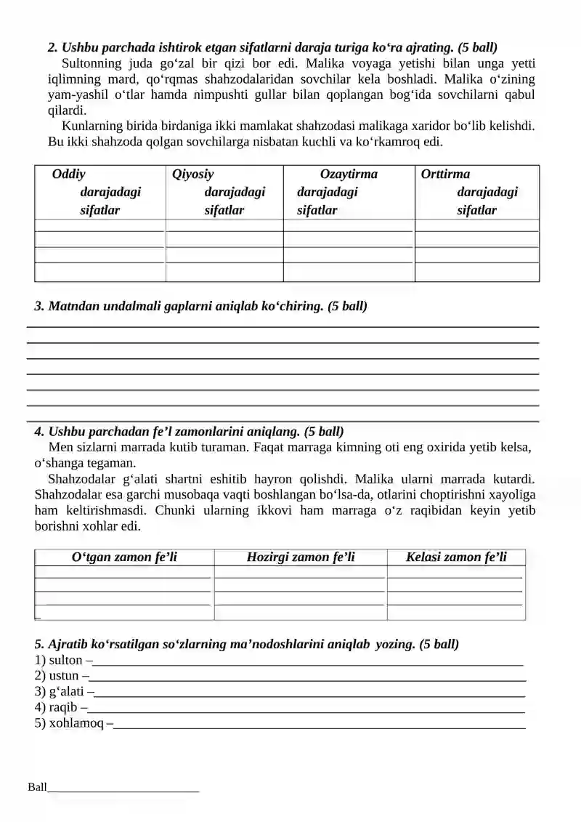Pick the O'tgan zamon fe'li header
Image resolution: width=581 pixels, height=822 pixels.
(124, 557)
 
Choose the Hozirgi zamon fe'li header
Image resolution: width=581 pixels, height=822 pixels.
(301, 557)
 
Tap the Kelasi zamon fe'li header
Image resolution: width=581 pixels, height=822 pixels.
(456, 557)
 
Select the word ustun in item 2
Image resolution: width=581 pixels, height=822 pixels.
(64, 676)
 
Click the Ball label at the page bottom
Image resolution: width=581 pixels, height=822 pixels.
(37, 787)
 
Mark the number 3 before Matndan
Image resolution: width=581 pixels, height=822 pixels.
(38, 307)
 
